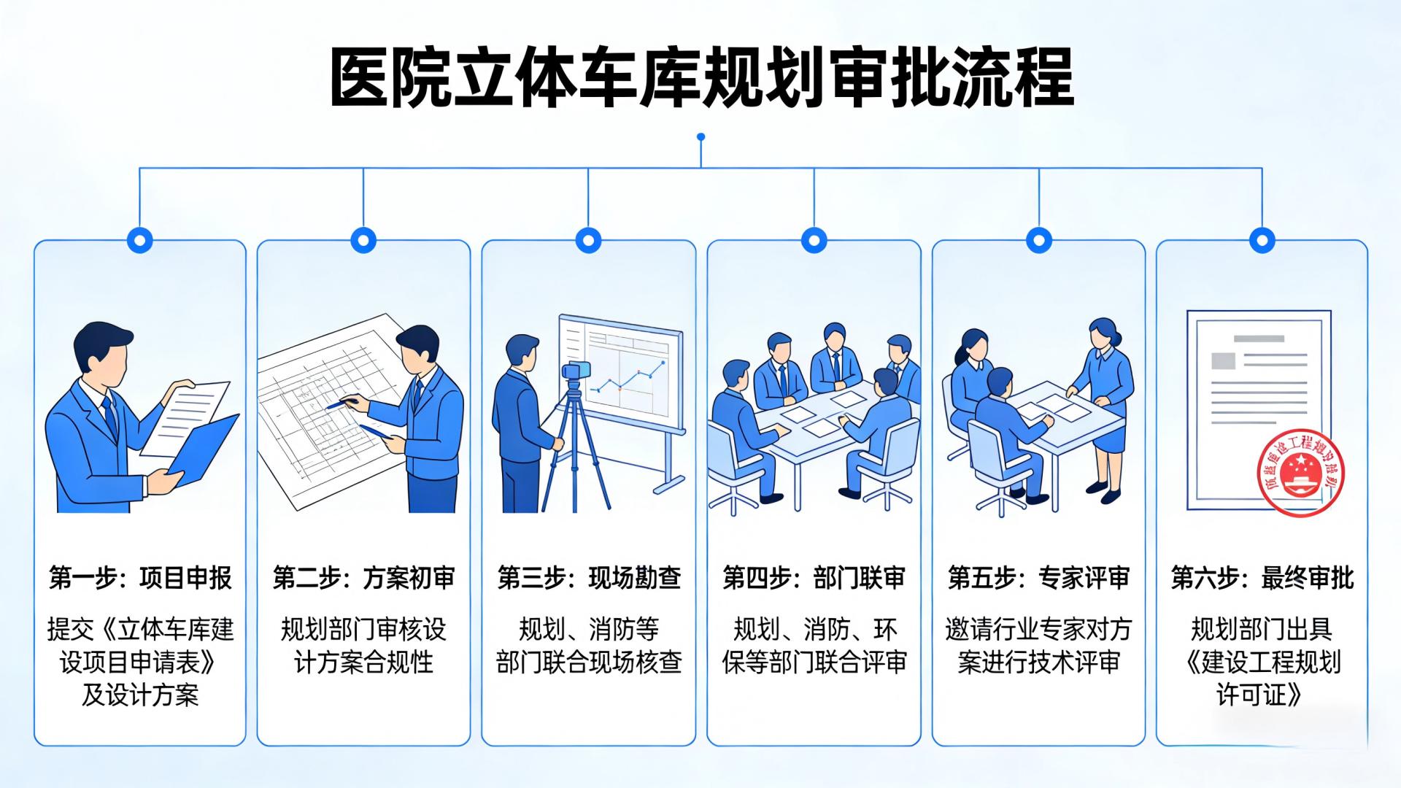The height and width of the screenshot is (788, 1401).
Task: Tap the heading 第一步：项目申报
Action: pos(140,578)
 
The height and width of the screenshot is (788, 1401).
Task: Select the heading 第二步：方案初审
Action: pos(363,578)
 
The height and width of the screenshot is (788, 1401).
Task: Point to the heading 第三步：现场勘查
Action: pos(589,578)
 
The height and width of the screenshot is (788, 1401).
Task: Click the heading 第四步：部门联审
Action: pos(814,578)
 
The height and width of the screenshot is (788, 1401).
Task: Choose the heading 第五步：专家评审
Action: pos(1038,578)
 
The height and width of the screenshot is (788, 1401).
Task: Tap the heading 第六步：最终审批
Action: pos(1262,578)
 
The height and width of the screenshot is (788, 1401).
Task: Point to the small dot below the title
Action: pos(700,136)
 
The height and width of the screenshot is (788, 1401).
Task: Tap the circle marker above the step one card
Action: pos(139,239)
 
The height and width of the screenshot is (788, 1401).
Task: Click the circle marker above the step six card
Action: pos(1262,239)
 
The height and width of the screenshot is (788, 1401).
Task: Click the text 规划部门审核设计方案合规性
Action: pos(363,646)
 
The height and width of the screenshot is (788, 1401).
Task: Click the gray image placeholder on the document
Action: pos(1224,360)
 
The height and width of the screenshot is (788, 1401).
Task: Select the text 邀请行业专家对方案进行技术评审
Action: pos(1038,646)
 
